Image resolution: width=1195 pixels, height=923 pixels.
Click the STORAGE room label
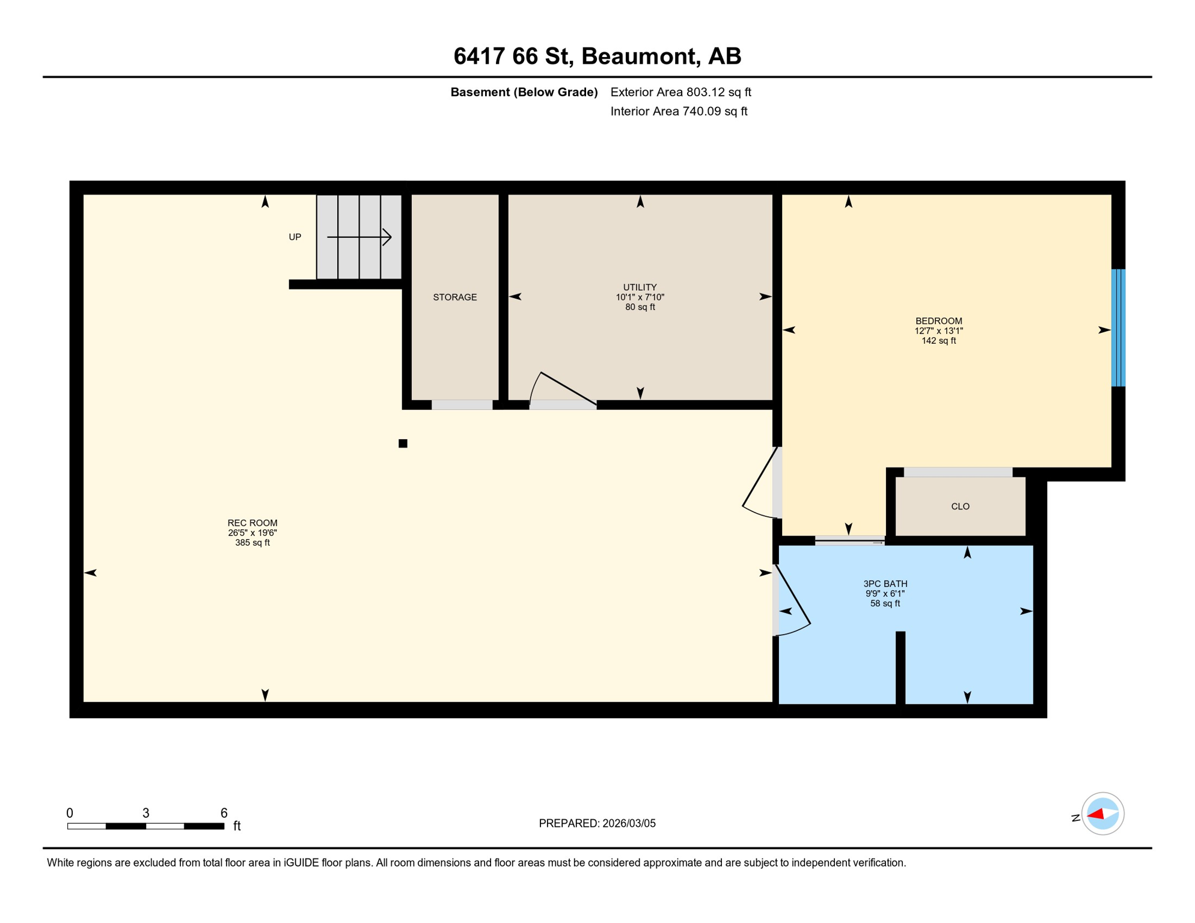[x=454, y=297]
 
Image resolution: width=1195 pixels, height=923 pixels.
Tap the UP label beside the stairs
[x=295, y=237]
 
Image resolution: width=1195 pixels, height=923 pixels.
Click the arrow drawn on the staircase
[x=359, y=237]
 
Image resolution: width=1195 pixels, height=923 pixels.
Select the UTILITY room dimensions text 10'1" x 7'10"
[x=640, y=297]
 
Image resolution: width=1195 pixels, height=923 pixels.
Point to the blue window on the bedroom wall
[x=1118, y=327]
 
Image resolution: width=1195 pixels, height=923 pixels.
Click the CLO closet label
[x=960, y=507]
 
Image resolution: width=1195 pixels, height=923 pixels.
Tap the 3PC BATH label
[x=885, y=583]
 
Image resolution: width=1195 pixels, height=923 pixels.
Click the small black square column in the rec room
[x=403, y=443]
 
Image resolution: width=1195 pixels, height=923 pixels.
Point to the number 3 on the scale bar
[x=145, y=813]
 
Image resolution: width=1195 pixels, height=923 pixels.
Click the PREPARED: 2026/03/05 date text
[x=597, y=823]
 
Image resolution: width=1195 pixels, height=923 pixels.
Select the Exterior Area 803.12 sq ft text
[x=680, y=92]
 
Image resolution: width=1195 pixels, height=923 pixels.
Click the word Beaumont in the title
[x=641, y=56]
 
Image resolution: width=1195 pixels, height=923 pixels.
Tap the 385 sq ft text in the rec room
[x=252, y=543]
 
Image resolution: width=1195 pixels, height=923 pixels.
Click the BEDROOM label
[x=938, y=321]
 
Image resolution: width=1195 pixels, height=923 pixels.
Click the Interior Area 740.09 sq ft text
[x=679, y=111]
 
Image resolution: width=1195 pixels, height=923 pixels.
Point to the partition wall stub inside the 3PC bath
[x=900, y=667]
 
